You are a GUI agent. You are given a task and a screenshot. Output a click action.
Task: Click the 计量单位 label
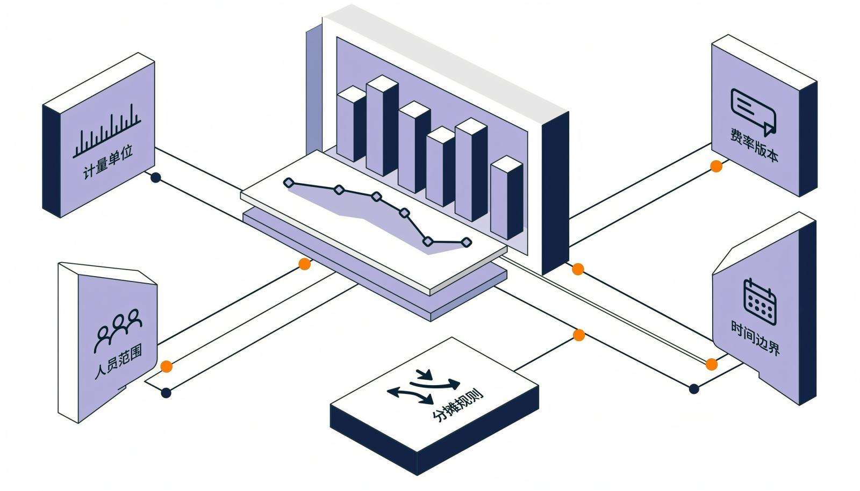point(108,162)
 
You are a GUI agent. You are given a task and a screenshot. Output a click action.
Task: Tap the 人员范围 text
point(118,362)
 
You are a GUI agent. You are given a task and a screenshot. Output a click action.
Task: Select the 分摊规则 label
point(457,405)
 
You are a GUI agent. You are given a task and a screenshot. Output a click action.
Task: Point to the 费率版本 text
point(754,145)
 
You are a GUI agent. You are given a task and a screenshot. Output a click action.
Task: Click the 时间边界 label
point(755,337)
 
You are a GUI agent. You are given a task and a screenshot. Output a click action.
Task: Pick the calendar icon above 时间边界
point(760,301)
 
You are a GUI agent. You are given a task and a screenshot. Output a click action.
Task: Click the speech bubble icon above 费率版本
point(753,112)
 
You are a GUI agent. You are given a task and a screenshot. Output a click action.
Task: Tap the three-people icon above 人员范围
point(118,329)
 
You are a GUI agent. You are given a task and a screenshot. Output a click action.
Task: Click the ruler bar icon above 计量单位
point(107,131)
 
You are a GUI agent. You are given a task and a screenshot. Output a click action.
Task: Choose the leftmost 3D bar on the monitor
point(352,124)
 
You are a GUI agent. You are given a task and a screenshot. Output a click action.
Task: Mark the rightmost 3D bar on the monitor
point(507,198)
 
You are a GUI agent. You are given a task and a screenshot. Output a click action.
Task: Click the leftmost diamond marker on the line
point(289,183)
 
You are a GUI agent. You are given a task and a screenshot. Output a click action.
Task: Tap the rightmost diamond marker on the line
point(466,242)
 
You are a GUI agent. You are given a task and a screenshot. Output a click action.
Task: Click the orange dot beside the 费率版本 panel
point(716,166)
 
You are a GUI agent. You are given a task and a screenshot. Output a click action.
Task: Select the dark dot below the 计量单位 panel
point(155,178)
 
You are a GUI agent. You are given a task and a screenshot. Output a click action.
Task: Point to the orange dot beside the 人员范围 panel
point(166,366)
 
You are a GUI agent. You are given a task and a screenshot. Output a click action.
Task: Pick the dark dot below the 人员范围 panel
point(166,393)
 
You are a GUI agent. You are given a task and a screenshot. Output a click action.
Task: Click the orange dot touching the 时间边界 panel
point(712,364)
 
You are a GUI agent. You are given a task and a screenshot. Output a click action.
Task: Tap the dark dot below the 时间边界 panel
point(694,389)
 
